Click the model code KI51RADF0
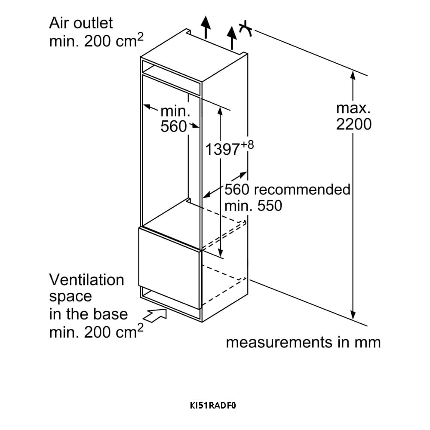click(214, 405)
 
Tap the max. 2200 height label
click(353, 116)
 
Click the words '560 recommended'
click(287, 189)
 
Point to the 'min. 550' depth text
click(253, 206)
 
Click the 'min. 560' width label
click(175, 119)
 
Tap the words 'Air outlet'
click(81, 23)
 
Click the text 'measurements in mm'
click(303, 342)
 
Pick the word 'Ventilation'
click(86, 280)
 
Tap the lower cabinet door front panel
click(169, 267)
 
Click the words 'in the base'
click(89, 314)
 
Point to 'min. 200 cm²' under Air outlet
click(96, 41)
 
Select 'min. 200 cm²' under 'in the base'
click(96, 332)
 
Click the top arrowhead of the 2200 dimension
click(353, 76)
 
